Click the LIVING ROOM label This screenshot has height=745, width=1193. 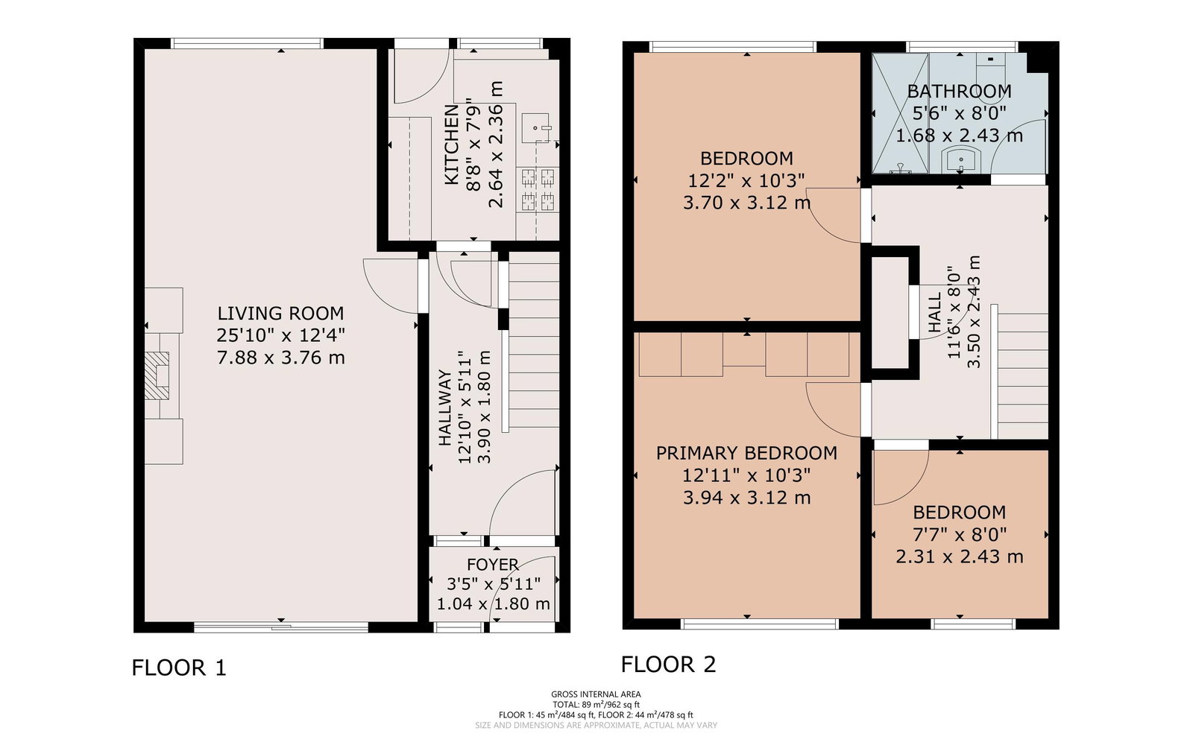click(x=280, y=313)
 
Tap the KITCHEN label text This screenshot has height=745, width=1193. click(x=451, y=145)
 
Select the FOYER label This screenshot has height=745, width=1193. click(x=493, y=565)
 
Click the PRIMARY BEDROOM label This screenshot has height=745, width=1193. click(x=746, y=453)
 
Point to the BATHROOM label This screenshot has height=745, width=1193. click(x=959, y=92)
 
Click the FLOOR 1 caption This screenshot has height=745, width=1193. click(x=179, y=668)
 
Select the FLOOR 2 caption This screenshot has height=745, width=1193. click(x=668, y=664)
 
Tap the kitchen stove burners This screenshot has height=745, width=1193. click(x=538, y=189)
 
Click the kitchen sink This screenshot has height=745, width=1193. click(x=535, y=128)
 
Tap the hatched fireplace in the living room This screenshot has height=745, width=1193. click(x=157, y=375)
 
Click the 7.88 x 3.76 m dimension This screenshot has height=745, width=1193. click(x=280, y=358)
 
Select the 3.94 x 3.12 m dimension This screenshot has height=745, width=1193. click(x=746, y=498)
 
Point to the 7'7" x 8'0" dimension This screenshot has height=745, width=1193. click(x=959, y=534)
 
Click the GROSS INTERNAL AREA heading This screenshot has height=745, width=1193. click(x=596, y=694)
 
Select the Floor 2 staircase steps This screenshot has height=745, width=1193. click(x=1022, y=376)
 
